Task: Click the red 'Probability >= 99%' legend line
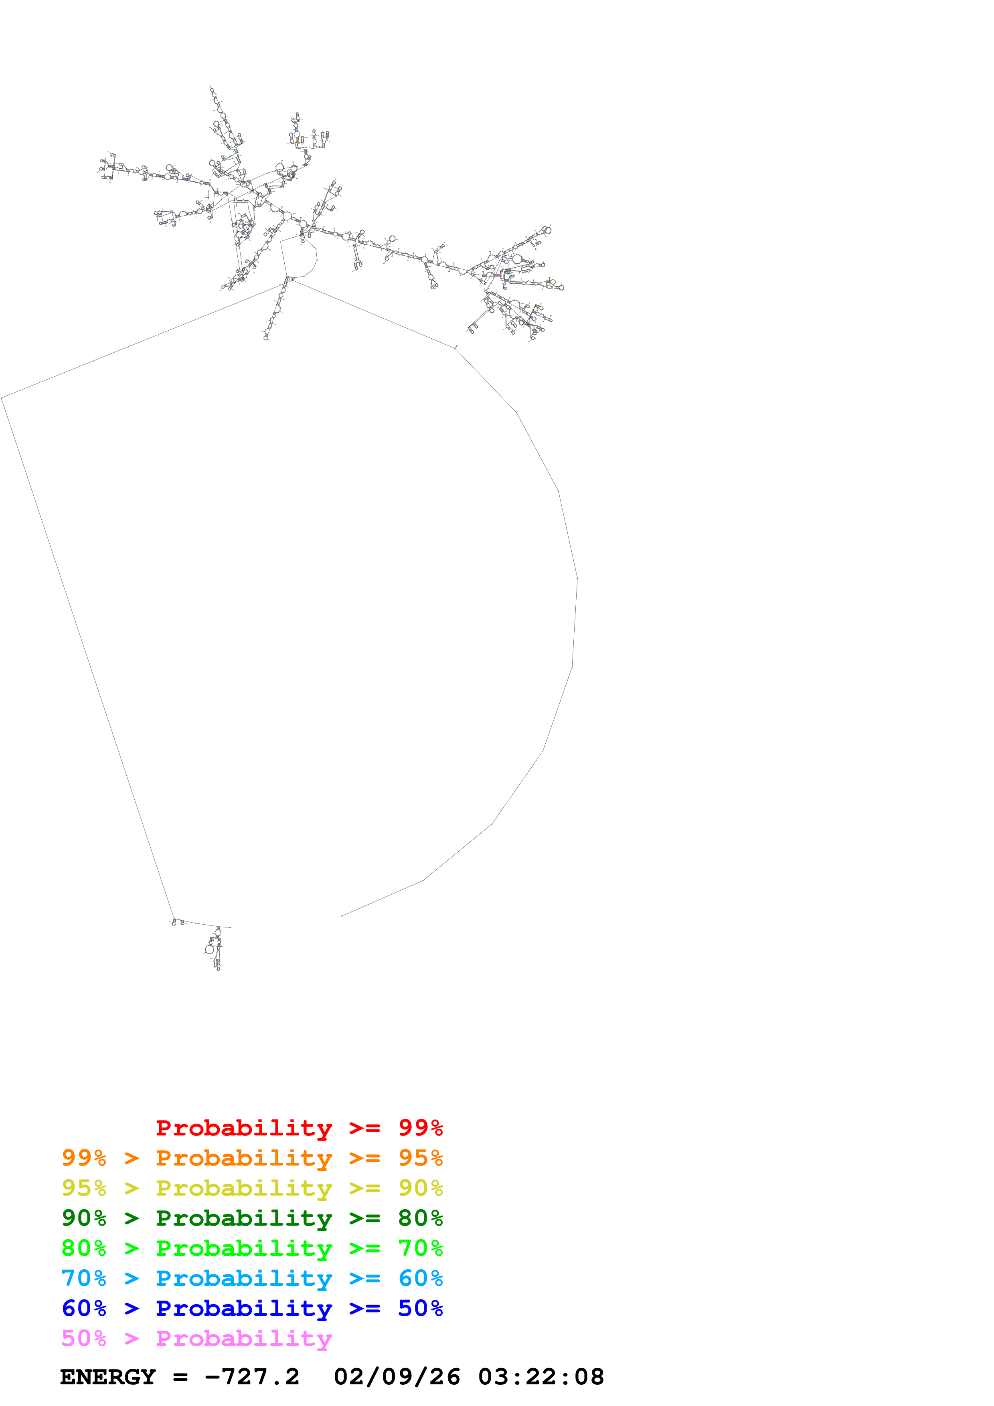coord(299,1128)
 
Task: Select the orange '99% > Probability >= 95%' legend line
coord(252,1158)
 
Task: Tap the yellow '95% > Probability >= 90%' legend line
coord(252,1188)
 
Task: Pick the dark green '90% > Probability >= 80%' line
coord(252,1218)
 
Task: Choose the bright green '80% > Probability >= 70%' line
coord(252,1248)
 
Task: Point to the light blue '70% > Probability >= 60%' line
coord(252,1278)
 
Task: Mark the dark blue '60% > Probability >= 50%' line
coord(252,1308)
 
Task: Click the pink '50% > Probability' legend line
coord(196,1338)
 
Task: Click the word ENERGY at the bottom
coord(108,1377)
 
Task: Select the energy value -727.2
coord(252,1377)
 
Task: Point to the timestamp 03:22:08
coord(541,1377)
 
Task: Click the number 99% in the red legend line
coord(420,1128)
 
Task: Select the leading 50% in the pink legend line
coord(84,1338)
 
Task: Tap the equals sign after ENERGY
coord(180,1377)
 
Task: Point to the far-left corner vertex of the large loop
coord(2,398)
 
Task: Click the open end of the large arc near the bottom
coord(342,916)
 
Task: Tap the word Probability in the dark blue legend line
coord(244,1308)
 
